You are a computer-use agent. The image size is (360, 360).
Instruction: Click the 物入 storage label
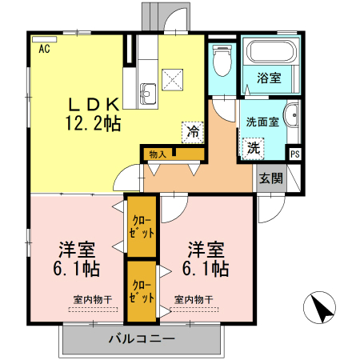coord(157,154)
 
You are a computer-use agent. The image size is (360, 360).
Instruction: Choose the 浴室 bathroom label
coord(269,78)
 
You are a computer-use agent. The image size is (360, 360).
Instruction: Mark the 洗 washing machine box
coord(254,147)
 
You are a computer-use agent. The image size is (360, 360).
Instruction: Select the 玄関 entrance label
coord(270,178)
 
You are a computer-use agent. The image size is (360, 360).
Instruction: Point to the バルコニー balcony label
coord(142,339)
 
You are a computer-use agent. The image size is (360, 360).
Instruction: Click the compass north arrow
coord(321,309)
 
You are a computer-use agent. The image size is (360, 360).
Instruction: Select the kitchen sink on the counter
coord(147,91)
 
